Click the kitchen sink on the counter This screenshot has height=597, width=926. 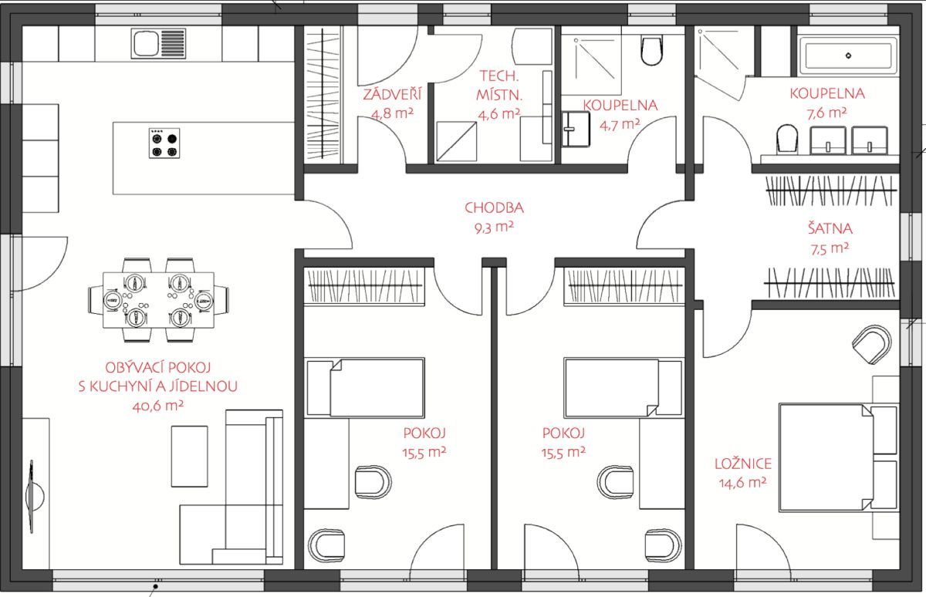(x=158, y=43)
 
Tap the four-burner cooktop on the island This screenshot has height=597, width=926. (x=164, y=143)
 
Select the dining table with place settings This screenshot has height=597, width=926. (x=158, y=300)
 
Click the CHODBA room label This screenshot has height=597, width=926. (x=494, y=207)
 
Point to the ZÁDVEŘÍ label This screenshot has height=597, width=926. (x=392, y=95)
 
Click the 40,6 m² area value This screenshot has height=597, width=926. (x=158, y=406)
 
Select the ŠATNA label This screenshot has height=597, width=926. (x=830, y=228)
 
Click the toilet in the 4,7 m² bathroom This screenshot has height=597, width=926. (x=651, y=49)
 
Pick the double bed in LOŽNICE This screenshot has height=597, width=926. (x=838, y=457)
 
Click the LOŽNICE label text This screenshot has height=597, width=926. (x=743, y=464)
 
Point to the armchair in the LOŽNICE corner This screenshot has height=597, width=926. (x=871, y=345)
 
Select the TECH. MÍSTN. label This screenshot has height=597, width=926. (x=499, y=86)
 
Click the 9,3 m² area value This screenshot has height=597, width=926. (x=494, y=228)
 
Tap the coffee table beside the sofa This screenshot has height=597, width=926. (x=189, y=457)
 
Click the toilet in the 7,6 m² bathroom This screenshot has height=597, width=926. (x=787, y=139)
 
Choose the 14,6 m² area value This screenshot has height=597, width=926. (x=743, y=483)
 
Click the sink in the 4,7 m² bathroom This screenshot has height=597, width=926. (x=576, y=129)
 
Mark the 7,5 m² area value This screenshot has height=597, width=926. (x=830, y=248)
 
